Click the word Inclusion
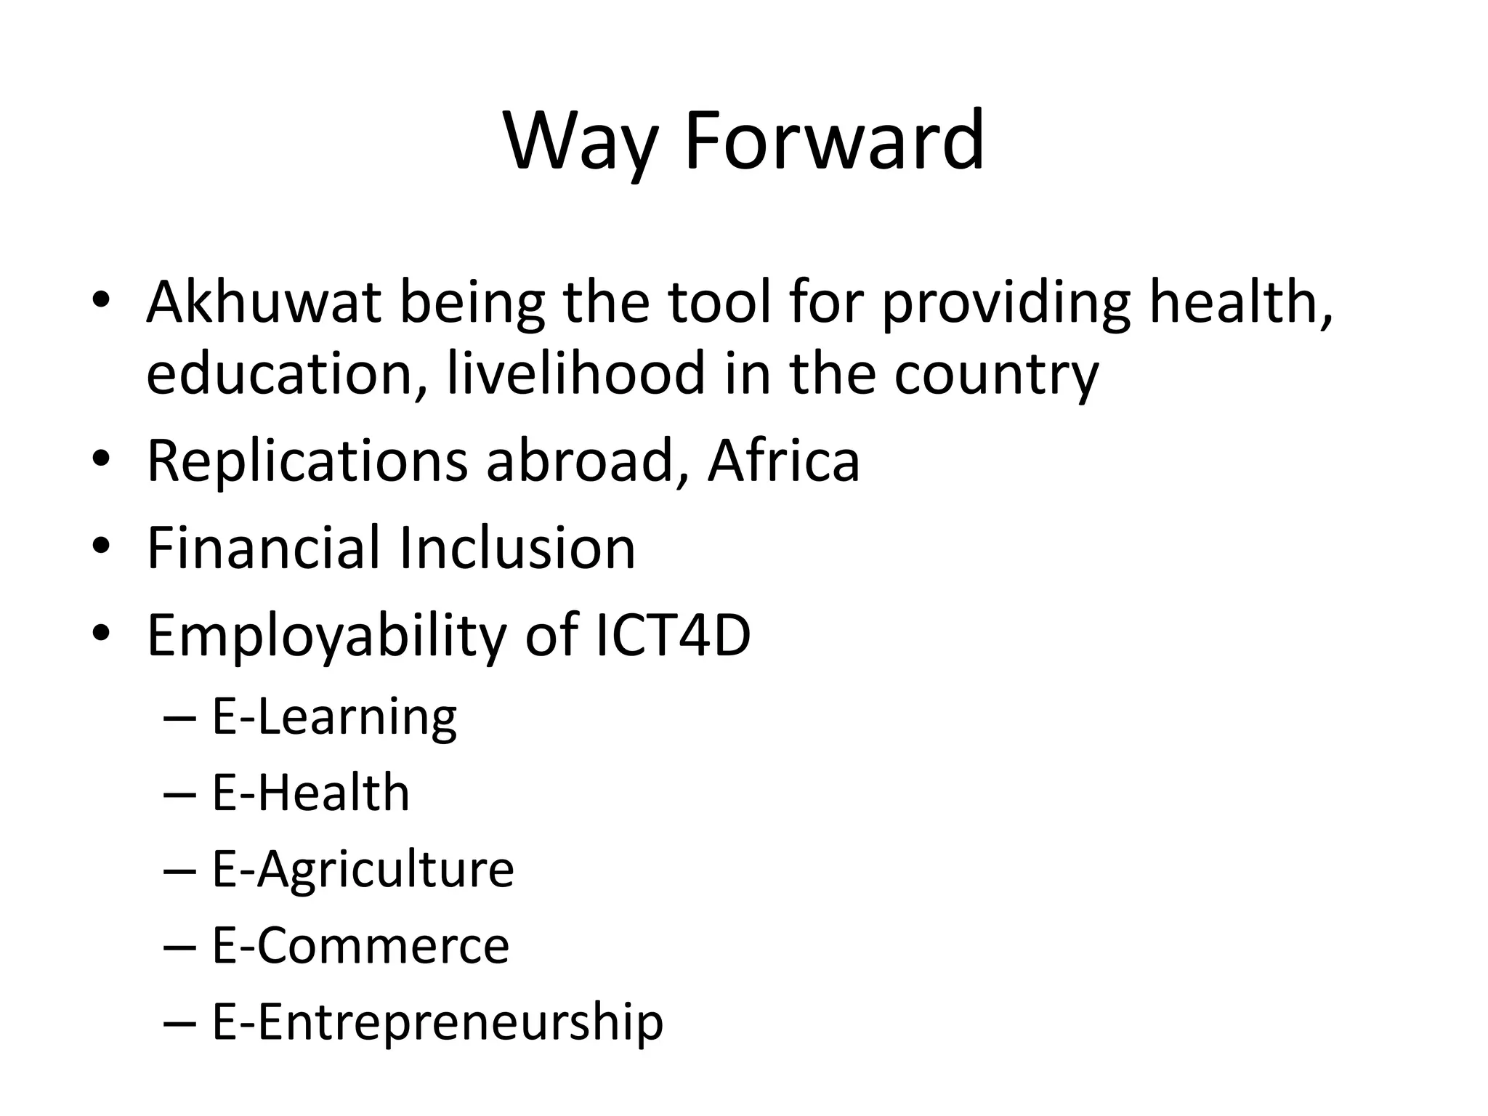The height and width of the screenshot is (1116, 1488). point(517,548)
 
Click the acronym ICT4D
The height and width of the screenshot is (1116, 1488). point(672,635)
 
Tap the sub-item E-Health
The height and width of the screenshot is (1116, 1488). point(311,793)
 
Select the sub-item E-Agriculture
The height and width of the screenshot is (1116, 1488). point(363,870)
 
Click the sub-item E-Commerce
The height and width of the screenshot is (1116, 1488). point(360,945)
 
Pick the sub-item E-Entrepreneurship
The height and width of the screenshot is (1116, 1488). point(437,1022)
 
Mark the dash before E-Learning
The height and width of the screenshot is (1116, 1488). point(180,720)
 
